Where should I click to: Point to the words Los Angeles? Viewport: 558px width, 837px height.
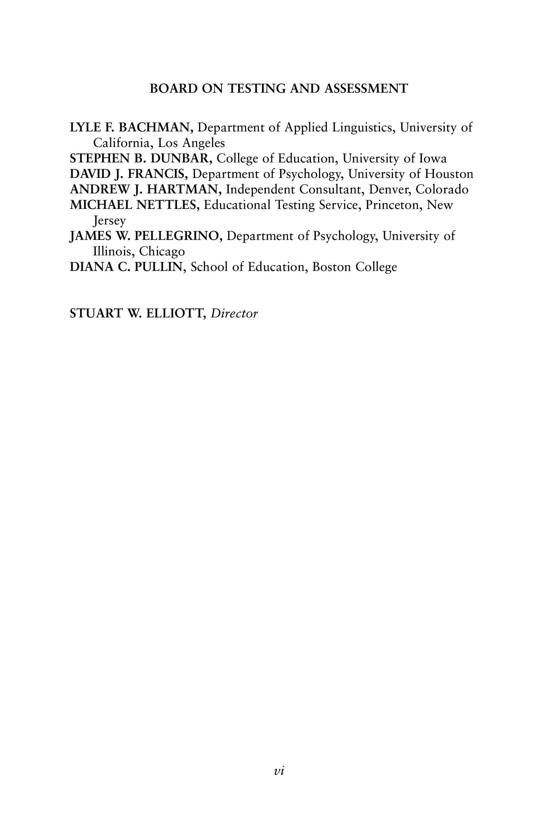(192, 143)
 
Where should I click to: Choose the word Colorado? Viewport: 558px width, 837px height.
(442, 189)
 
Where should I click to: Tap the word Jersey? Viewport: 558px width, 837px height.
(109, 221)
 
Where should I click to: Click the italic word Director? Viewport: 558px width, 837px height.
(234, 313)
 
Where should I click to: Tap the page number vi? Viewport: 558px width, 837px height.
(279, 771)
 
